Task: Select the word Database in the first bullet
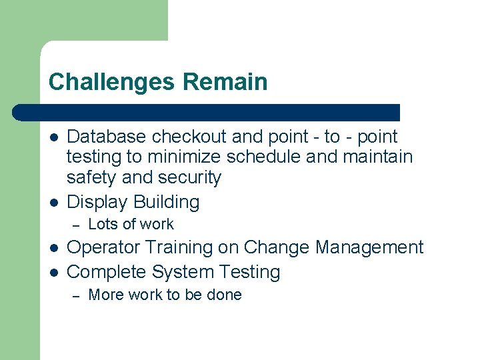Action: [107, 137]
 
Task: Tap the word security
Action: [190, 178]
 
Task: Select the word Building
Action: [166, 201]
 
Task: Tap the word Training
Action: [178, 247]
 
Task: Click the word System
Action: [183, 272]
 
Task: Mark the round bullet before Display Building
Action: [54, 202]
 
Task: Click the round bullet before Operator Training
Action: [54, 248]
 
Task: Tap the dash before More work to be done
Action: [75, 295]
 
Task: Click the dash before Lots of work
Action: [75, 225]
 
